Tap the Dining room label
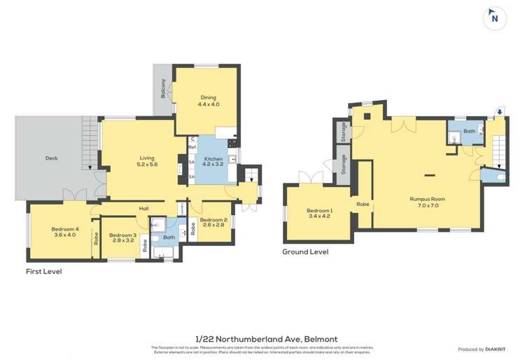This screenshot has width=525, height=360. pyautogui.click(x=208, y=101)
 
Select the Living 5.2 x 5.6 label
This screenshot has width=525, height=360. pyautogui.click(x=147, y=162)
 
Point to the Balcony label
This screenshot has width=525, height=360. pyautogui.click(x=163, y=90)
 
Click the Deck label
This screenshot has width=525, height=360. pyautogui.click(x=51, y=158)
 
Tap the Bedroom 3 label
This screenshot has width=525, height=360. pyautogui.click(x=122, y=237)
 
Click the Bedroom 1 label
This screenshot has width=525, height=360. pyautogui.click(x=321, y=214)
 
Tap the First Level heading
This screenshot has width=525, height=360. pyautogui.click(x=43, y=270)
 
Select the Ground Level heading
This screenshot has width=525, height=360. pyautogui.click(x=304, y=251)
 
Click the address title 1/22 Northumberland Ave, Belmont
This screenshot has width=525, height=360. pyautogui.click(x=262, y=338)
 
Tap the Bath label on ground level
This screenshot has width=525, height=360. pyautogui.click(x=468, y=131)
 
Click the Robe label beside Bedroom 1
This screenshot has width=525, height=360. pyautogui.click(x=363, y=205)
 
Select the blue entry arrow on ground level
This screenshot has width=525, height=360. pyautogui.click(x=498, y=110)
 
